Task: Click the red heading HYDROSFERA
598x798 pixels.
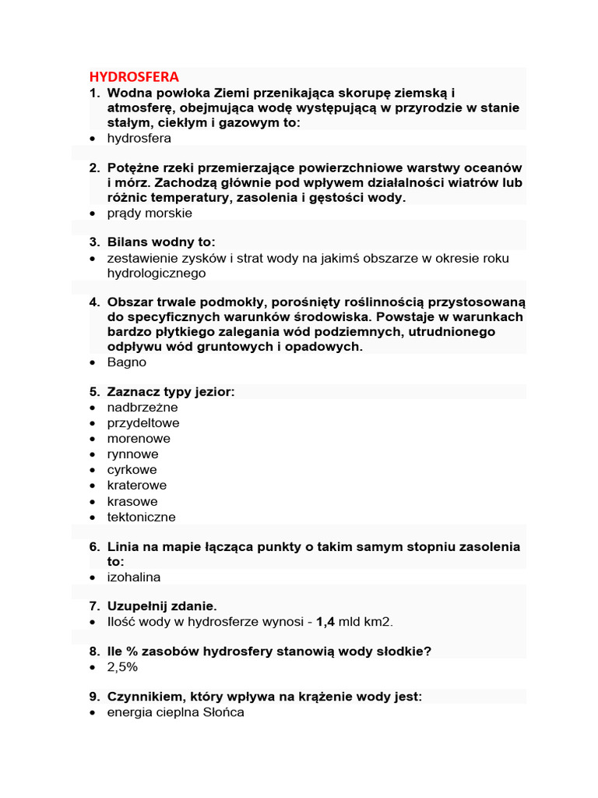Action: coord(134,76)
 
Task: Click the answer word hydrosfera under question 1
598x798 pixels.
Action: coord(139,138)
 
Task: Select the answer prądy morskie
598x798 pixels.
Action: coord(149,213)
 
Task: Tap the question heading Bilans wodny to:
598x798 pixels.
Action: coord(161,242)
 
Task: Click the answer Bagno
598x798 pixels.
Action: coord(126,362)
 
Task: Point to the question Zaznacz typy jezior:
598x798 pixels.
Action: coord(171,392)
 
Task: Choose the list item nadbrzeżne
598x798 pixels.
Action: coord(142,408)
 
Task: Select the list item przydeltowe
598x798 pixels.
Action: coord(143,423)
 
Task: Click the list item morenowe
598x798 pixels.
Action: coord(139,439)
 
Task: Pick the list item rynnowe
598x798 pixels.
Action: coord(132,454)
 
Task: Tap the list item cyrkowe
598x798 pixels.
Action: coord(132,470)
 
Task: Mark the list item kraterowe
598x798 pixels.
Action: coord(136,486)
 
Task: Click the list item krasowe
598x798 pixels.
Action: coord(132,501)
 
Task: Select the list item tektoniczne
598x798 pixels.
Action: coord(141,517)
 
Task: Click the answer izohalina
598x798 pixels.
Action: coord(134,577)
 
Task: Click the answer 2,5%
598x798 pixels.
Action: coord(122,667)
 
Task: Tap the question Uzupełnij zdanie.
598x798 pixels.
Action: coord(163,606)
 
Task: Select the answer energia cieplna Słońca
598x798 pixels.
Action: coord(175,712)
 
